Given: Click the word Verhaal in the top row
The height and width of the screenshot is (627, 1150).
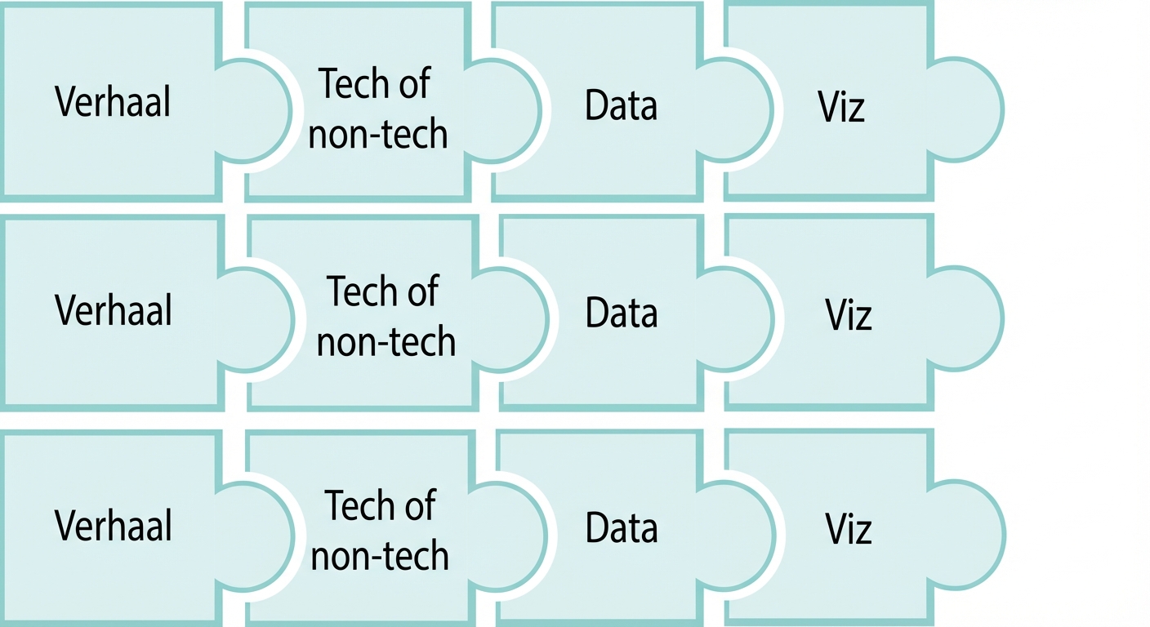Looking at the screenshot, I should point(113,103).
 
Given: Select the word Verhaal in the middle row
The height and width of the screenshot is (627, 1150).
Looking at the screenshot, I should point(114,311).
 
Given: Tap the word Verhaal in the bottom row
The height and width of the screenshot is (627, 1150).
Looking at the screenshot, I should point(114,526).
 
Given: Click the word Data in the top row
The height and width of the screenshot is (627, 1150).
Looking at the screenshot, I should point(621,106).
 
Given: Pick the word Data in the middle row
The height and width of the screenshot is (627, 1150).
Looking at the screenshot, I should point(622,314).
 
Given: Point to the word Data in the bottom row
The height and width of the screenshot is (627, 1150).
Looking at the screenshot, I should point(622,529).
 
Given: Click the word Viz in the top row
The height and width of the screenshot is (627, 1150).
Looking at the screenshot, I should point(840,107).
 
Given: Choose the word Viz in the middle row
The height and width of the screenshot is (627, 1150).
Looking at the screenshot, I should point(848,315).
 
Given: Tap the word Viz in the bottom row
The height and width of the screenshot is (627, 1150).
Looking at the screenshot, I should point(848,530).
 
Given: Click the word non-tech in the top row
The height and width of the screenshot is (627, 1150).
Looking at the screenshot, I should point(378,134).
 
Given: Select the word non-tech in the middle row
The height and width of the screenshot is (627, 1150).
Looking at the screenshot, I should point(386,342).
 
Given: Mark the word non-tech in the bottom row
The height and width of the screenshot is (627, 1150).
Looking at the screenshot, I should point(380,557).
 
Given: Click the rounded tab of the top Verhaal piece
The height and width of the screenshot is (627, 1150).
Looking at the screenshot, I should point(257,111).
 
